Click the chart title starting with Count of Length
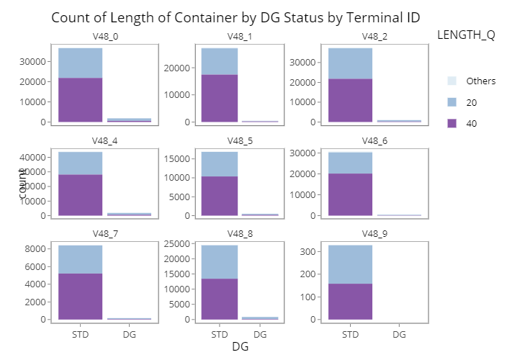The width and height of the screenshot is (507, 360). pyautogui.click(x=235, y=17)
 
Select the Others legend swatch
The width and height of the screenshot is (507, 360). pyautogui.click(x=452, y=81)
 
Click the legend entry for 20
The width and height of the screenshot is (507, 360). pyautogui.click(x=452, y=103)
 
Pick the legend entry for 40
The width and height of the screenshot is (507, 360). pyautogui.click(x=452, y=123)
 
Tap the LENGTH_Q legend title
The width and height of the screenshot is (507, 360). pyautogui.click(x=465, y=35)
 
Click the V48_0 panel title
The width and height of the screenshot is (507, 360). pyautogui.click(x=102, y=37)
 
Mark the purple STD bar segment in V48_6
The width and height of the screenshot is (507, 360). pyautogui.click(x=351, y=194)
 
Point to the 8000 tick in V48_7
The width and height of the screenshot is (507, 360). pyautogui.click(x=36, y=249)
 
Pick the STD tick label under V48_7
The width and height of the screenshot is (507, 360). pyautogui.click(x=81, y=335)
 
